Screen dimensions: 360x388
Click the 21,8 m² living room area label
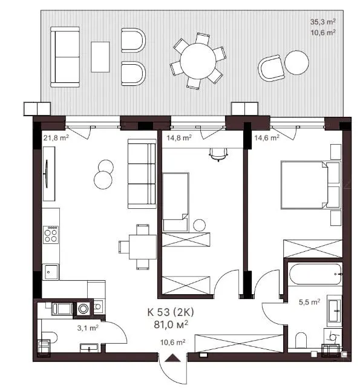(x=56, y=137)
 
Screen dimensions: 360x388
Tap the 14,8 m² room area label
(x=179, y=137)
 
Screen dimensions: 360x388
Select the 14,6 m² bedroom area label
(x=267, y=137)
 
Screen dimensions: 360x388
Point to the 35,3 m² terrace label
(x=323, y=22)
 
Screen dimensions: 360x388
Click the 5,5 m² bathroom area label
(x=310, y=302)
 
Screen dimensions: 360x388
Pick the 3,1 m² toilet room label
(x=88, y=328)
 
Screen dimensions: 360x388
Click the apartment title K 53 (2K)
(x=171, y=312)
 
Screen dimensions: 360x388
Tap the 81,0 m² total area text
(x=171, y=324)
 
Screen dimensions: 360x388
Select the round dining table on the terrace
(x=198, y=61)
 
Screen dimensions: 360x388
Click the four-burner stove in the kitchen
(x=51, y=235)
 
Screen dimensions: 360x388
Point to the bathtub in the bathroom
(x=315, y=274)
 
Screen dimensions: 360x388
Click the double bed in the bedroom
(x=311, y=185)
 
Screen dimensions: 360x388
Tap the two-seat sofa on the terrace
(x=65, y=57)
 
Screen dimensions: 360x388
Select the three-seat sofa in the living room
(x=142, y=174)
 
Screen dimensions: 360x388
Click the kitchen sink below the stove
(x=50, y=272)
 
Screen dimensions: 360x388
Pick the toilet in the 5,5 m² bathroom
(x=301, y=341)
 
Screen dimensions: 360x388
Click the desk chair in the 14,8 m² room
(x=218, y=154)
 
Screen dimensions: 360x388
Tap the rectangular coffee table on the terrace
(x=100, y=57)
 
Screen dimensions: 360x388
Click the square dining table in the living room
(x=143, y=247)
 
